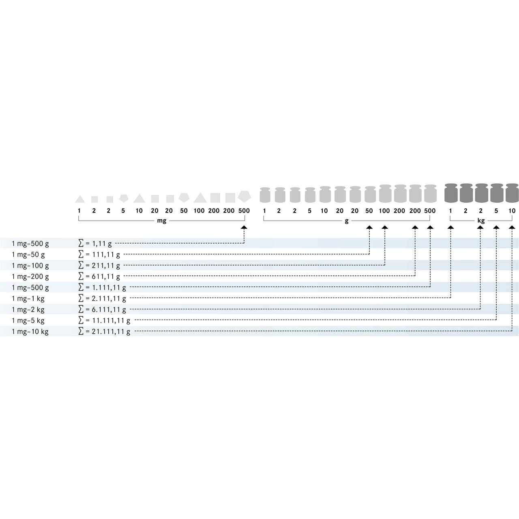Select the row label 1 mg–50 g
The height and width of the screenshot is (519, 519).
[x=28, y=255]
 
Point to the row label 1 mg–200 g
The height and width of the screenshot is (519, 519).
[x=30, y=277]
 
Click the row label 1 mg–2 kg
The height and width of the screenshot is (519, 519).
[x=28, y=310]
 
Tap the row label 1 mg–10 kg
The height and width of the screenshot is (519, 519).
[x=30, y=332]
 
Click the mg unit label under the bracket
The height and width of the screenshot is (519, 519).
[x=162, y=221]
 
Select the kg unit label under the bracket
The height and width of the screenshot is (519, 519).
[x=481, y=221]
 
